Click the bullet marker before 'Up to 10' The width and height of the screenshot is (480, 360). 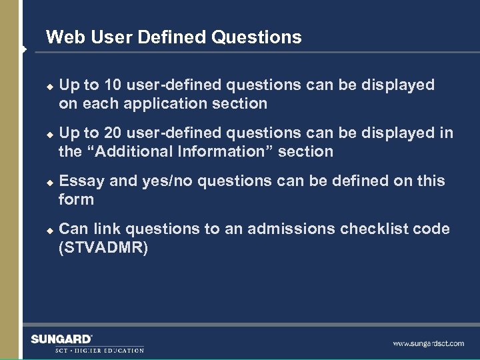[47, 86]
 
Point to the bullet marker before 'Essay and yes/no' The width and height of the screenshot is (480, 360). [47, 182]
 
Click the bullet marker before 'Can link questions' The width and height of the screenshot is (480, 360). [47, 230]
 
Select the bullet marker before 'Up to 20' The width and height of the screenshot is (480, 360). [47, 134]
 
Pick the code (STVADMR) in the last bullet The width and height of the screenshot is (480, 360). [103, 247]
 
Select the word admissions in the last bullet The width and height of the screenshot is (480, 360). [291, 229]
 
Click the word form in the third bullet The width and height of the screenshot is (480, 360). [76, 199]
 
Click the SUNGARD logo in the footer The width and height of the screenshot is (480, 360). [62, 339]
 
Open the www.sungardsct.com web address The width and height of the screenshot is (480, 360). [428, 344]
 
